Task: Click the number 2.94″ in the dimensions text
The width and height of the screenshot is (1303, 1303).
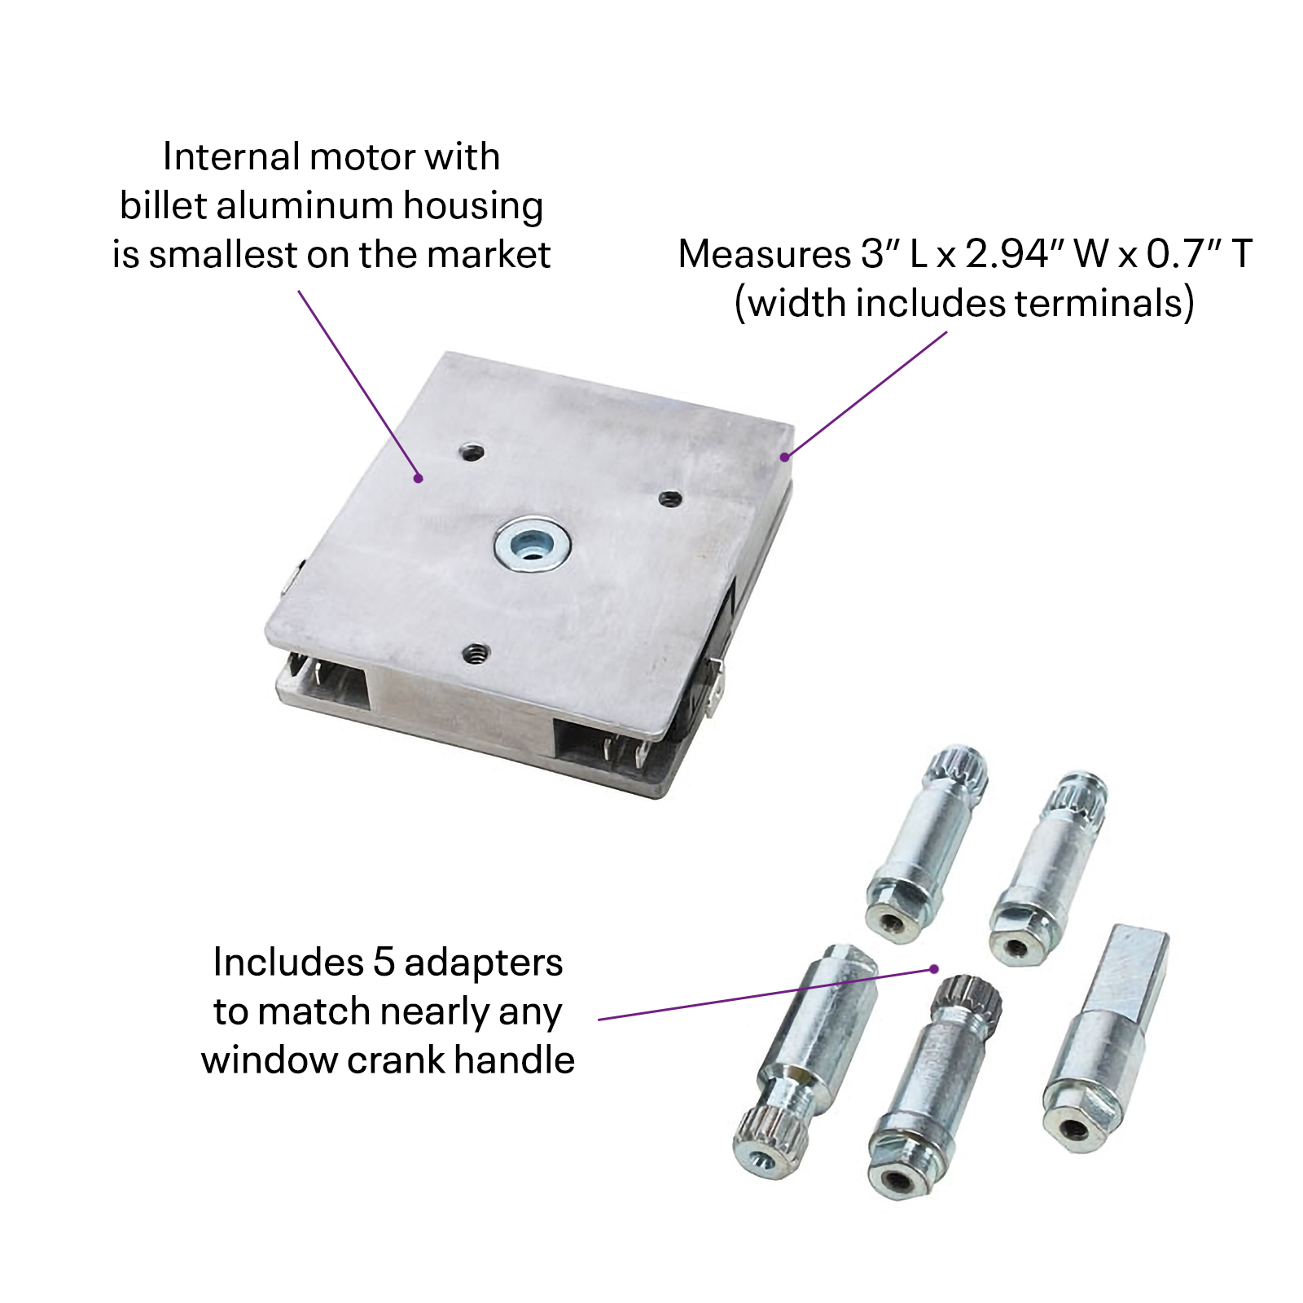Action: click(1015, 254)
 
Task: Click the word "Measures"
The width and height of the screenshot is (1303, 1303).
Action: click(763, 254)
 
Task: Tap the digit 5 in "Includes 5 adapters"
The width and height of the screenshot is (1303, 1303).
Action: click(384, 962)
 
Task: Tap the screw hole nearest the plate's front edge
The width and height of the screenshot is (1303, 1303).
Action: click(475, 653)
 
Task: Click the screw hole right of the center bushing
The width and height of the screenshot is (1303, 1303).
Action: click(670, 498)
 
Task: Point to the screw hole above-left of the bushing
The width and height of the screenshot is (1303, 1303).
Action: click(472, 451)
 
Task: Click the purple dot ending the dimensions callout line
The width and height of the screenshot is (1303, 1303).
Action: click(785, 457)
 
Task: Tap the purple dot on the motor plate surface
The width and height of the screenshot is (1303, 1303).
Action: click(419, 478)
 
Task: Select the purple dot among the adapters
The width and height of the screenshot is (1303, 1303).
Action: click(934, 969)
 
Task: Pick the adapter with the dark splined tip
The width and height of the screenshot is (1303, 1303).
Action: click(937, 1083)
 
